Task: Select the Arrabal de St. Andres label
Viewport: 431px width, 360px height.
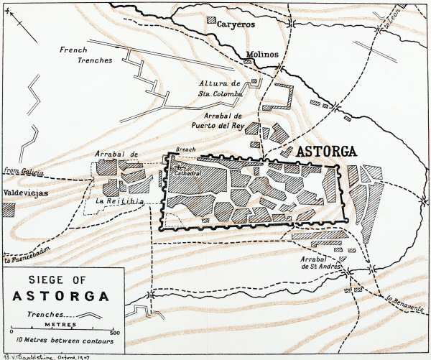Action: (x=321, y=262)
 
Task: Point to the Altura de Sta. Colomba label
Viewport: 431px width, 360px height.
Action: (x=222, y=88)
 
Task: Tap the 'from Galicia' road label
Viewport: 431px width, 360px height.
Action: (x=22, y=172)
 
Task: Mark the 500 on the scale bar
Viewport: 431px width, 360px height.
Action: (x=114, y=333)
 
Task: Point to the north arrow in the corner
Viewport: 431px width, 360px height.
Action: (x=22, y=25)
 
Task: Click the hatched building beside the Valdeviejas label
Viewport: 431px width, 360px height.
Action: (x=8, y=209)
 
